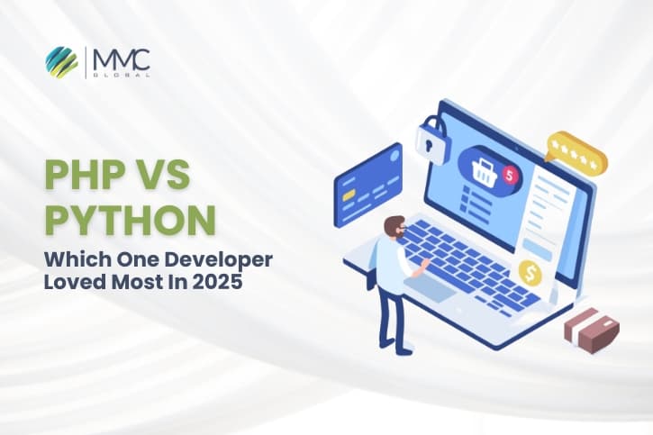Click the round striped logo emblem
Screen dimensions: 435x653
pos(63,63)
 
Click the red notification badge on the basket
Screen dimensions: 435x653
pos(511,175)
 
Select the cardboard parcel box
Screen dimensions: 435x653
pos(591,328)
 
